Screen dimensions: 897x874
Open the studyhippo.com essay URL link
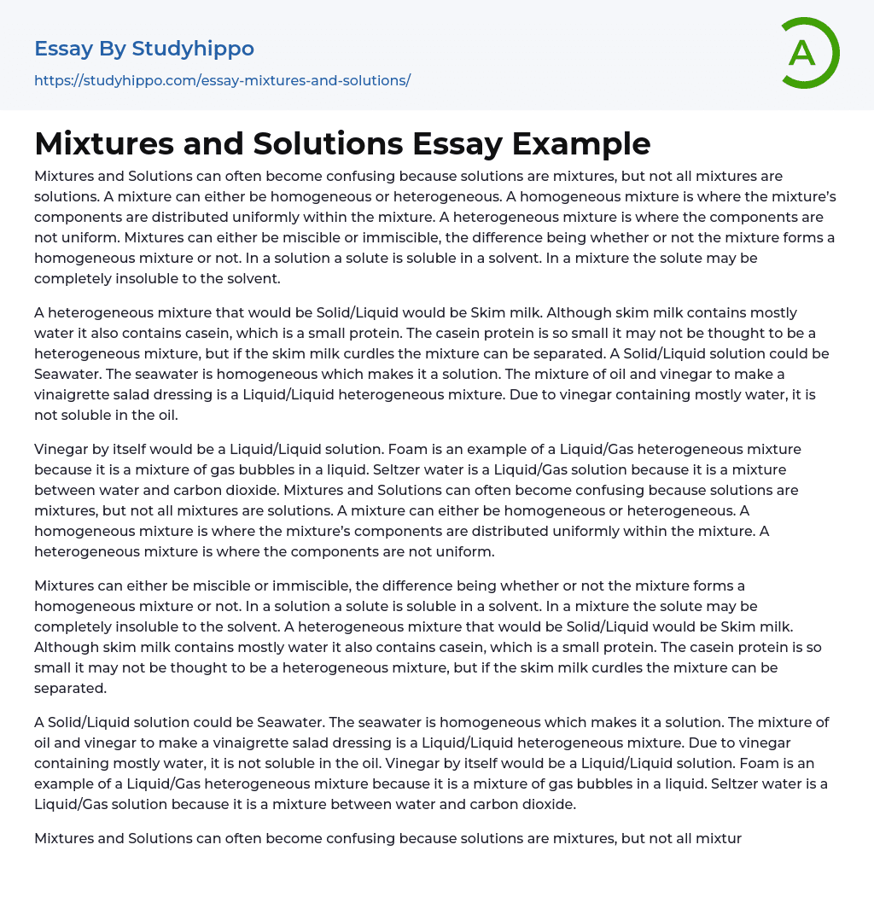[222, 80]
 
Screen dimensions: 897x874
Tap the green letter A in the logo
[801, 53]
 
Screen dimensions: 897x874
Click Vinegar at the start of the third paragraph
[61, 449]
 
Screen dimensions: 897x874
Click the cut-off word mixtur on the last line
[720, 838]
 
